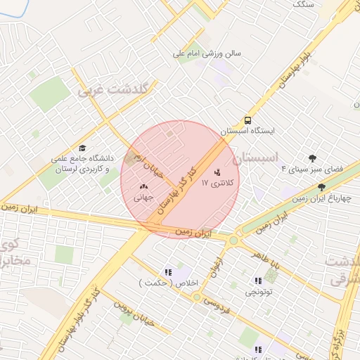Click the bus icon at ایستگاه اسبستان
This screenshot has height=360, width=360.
tap(248, 120)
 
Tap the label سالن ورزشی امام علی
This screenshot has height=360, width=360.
tap(208, 53)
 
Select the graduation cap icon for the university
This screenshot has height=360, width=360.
tap(82, 148)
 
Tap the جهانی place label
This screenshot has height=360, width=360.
tap(145, 198)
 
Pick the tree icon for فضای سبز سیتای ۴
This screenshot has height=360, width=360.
tap(312, 158)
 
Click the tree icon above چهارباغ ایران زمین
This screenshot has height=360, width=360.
tap(321, 187)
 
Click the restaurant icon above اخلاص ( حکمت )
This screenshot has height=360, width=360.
tap(167, 272)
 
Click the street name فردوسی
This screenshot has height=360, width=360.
tap(219, 304)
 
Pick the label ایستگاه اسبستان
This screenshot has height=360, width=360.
tap(248, 131)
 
